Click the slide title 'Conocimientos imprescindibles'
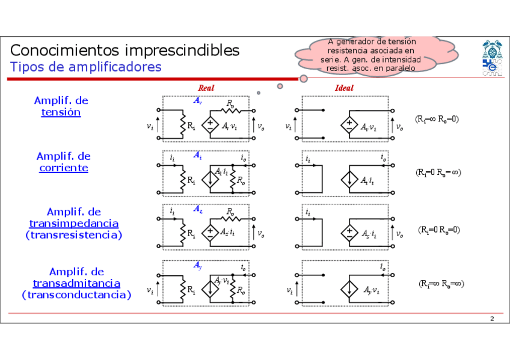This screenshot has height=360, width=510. pyautogui.click(x=124, y=50)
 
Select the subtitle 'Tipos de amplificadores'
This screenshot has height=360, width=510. pyautogui.click(x=85, y=67)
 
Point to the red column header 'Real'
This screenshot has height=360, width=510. pyautogui.click(x=206, y=88)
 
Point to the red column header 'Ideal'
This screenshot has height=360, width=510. pyautogui.click(x=344, y=88)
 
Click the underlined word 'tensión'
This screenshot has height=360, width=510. pyautogui.click(x=61, y=112)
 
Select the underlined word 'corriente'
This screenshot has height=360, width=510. pyautogui.click(x=64, y=168)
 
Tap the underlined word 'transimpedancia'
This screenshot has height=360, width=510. pyautogui.click(x=74, y=223)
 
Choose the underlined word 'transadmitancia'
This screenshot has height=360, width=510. pyautogui.click(x=76, y=283)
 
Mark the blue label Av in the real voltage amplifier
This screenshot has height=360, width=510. pyautogui.click(x=197, y=101)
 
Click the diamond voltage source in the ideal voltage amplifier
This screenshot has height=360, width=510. pyautogui.click(x=348, y=126)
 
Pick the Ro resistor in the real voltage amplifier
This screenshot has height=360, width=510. pyautogui.click(x=232, y=110)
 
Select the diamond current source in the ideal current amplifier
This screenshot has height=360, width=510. pyautogui.click(x=348, y=180)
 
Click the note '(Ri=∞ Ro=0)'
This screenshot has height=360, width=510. pyautogui.click(x=437, y=119)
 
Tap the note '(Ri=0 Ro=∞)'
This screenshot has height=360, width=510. pyautogui.click(x=438, y=172)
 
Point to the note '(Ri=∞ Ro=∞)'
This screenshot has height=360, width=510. pyautogui.click(x=441, y=284)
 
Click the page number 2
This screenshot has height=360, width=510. pyautogui.click(x=491, y=318)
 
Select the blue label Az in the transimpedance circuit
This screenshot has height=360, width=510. pyautogui.click(x=197, y=209)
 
